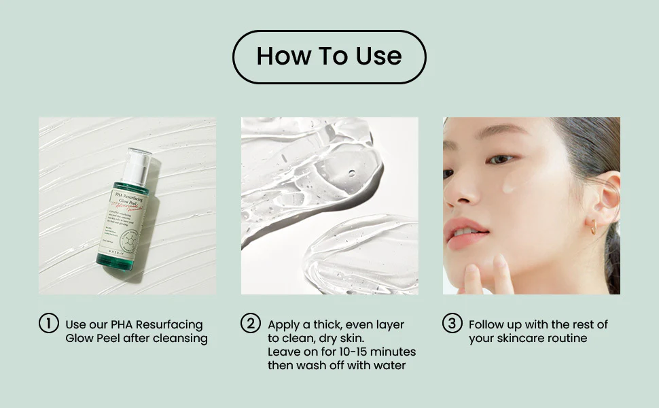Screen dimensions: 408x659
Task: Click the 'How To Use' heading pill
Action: pyautogui.click(x=329, y=56)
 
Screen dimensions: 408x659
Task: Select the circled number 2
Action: pyautogui.click(x=251, y=324)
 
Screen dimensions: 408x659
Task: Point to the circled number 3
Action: pyautogui.click(x=452, y=324)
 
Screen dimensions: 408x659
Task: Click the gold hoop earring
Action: pyautogui.click(x=593, y=228)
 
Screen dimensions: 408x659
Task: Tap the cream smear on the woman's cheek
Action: pyautogui.click(x=510, y=184)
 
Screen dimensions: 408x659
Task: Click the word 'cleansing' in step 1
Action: pyautogui.click(x=181, y=339)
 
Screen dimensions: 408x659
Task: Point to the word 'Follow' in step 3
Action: pyautogui.click(x=488, y=325)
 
